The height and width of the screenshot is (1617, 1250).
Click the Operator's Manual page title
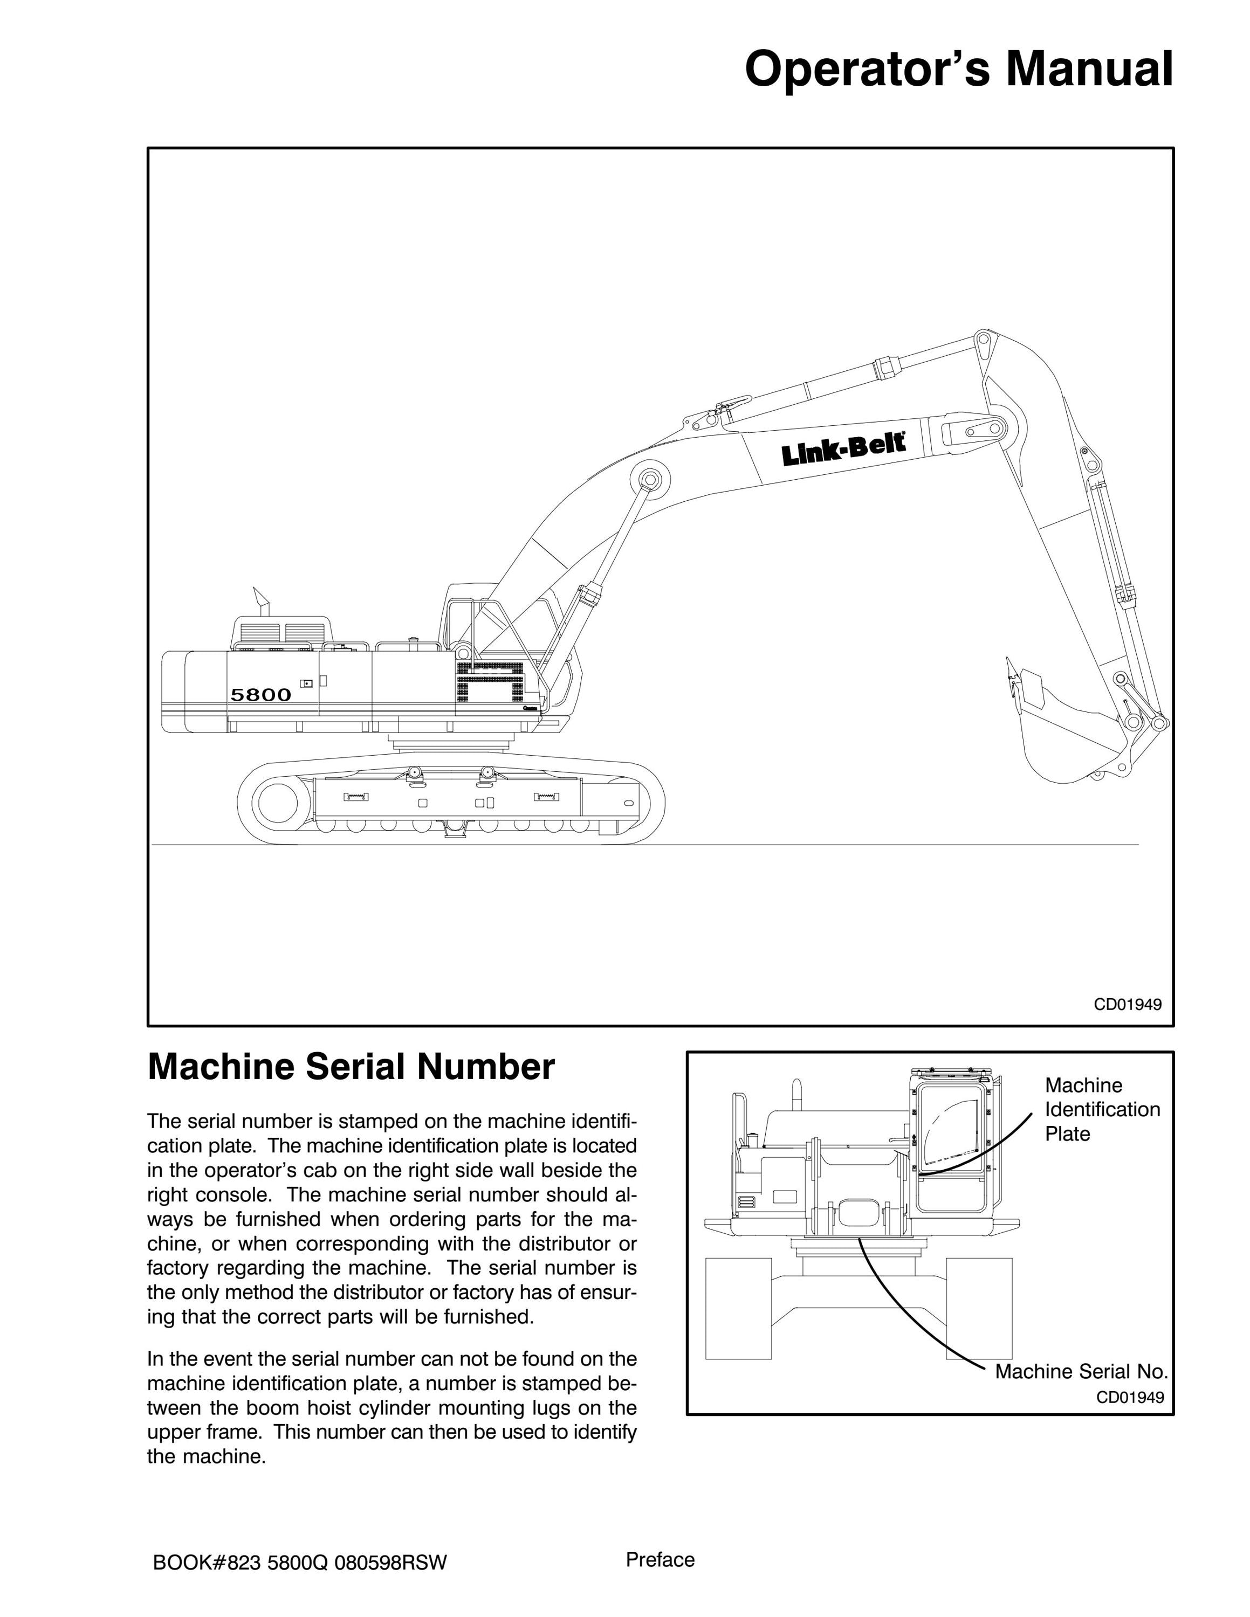pos(958,70)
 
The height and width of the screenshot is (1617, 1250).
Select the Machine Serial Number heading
pos(351,1067)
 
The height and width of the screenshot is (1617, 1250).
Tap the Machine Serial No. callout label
pos(1081,1372)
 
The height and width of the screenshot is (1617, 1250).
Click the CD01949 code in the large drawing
pos(1128,1005)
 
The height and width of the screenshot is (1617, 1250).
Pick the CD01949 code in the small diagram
pos(1130,1398)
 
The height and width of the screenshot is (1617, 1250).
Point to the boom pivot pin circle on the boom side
pos(649,479)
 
